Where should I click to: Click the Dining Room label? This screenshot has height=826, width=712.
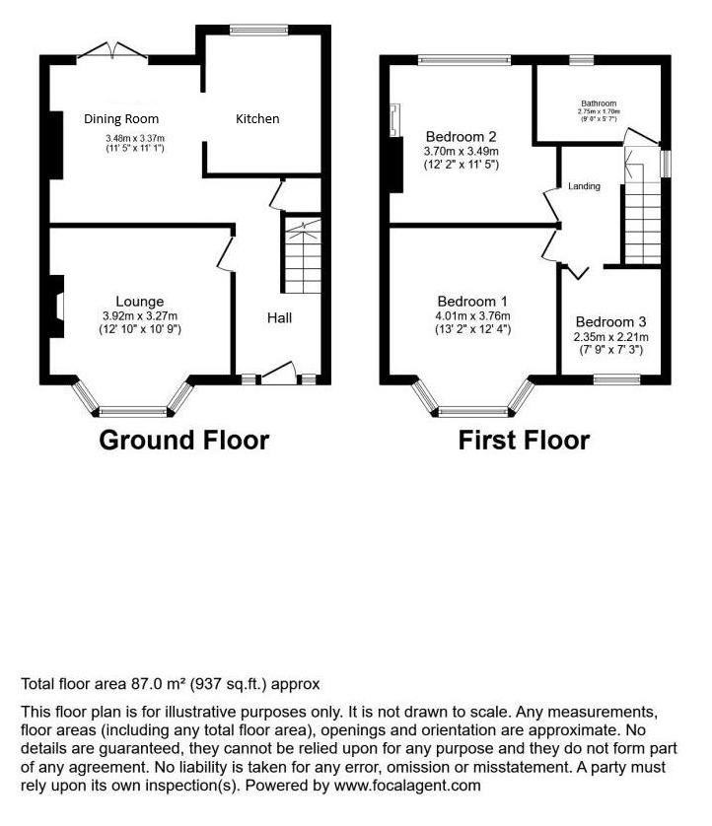pos(121,119)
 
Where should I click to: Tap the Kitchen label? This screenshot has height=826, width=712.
pos(257,119)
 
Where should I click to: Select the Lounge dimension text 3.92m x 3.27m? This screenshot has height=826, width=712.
pos(140,316)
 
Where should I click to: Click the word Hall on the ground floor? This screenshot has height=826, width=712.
pos(279,317)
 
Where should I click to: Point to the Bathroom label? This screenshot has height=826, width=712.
pos(599,103)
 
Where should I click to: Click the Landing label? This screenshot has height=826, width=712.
pos(584,186)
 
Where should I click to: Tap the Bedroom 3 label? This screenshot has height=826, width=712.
pos(610,322)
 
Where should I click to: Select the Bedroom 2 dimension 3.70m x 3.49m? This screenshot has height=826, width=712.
pos(462,151)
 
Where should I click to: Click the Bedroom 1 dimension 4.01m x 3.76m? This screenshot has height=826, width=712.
pos(472,316)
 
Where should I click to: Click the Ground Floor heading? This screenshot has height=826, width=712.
pos(184,441)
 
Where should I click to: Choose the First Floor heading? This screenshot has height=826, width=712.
pos(524,441)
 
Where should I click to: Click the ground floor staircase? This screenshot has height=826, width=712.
pos(303,256)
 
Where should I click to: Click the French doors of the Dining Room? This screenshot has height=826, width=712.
pos(112,52)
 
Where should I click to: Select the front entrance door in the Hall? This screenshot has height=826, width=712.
pos(278,373)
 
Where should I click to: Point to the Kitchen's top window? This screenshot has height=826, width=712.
pos(258,30)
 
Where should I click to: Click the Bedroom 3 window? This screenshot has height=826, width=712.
pos(617,379)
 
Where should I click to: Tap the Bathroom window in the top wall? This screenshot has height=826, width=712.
pos(581,60)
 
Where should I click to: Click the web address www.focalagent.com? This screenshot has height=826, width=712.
pos(407,786)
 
